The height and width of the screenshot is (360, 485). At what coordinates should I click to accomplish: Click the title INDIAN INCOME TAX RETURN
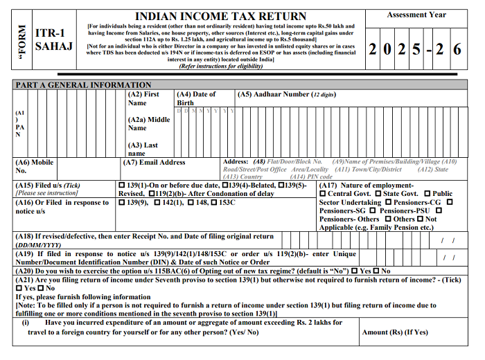[x=220, y=16]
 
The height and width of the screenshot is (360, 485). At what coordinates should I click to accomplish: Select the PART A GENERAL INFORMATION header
[x=83, y=84]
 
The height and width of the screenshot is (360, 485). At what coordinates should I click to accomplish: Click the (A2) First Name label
[x=143, y=98]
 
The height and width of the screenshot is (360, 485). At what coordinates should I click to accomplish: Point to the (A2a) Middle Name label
[x=149, y=124]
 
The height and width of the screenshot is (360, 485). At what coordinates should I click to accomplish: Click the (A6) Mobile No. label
[x=34, y=166]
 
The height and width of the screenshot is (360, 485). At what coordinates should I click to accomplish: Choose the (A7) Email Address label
[x=154, y=163]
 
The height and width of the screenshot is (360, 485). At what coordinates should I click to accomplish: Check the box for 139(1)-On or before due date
[x=122, y=186]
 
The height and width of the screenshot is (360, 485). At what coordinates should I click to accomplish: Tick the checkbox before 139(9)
[x=122, y=203]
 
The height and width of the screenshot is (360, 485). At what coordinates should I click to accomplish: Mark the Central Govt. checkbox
[x=323, y=194]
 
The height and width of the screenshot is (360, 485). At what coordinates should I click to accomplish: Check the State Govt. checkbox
[x=378, y=194]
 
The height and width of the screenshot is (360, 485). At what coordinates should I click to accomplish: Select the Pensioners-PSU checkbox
[x=373, y=210]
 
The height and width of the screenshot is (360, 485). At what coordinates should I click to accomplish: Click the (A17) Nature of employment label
[x=367, y=186]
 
